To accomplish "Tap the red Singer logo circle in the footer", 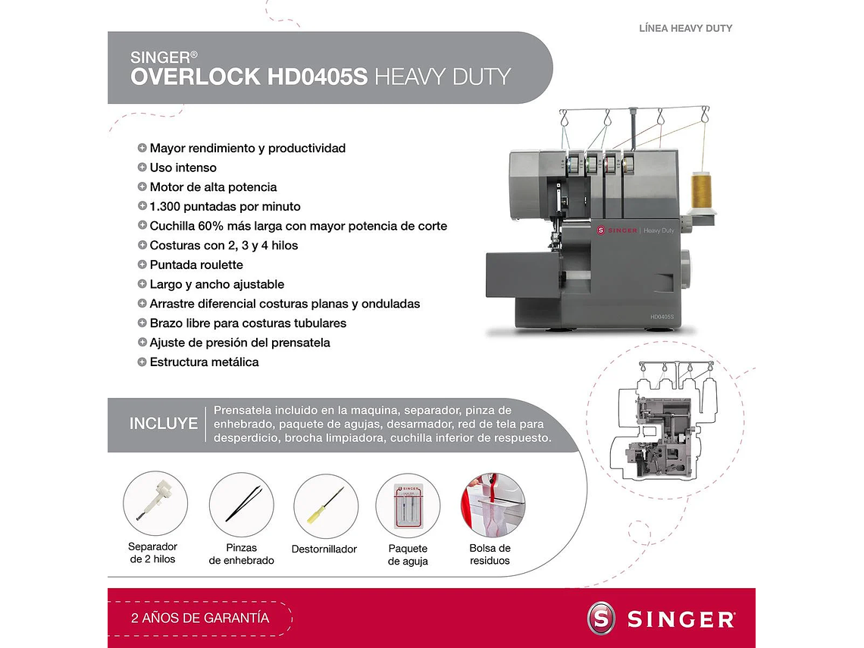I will pyautogui.click(x=602, y=618).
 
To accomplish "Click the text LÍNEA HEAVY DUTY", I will pyautogui.click(x=686, y=28).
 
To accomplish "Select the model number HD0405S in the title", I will pyautogui.click(x=318, y=77).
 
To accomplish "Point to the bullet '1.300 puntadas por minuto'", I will pyautogui.click(x=224, y=206).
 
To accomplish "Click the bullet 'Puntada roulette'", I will pyautogui.click(x=196, y=265).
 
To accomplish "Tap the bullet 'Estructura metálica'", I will pyautogui.click(x=204, y=362).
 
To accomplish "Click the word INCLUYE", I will pyautogui.click(x=164, y=424).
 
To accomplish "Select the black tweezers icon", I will pyautogui.click(x=242, y=504).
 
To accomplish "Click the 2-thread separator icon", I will pyautogui.click(x=155, y=503).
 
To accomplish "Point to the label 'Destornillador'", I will pyautogui.click(x=324, y=549).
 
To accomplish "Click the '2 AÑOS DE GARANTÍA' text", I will pyautogui.click(x=200, y=618).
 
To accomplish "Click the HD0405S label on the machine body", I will pyautogui.click(x=662, y=316).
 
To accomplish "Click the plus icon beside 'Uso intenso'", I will pyautogui.click(x=142, y=167).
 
